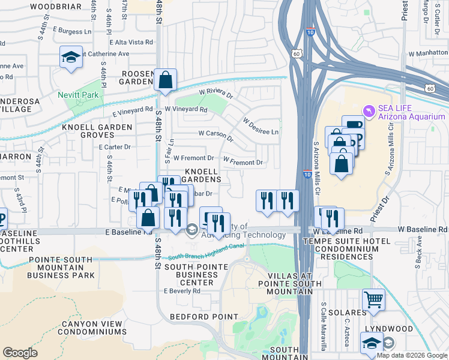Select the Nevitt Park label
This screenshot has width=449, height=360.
[77, 95]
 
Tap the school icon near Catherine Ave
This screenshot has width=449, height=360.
[71, 58]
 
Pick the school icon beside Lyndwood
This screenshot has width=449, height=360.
[372, 343]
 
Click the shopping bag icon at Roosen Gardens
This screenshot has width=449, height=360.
[165, 79]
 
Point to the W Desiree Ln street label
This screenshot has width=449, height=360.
[261, 127]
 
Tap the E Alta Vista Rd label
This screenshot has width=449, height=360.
[131, 42]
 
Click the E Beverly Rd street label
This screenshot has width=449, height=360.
[182, 291]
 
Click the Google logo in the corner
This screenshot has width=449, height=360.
[19, 353]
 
